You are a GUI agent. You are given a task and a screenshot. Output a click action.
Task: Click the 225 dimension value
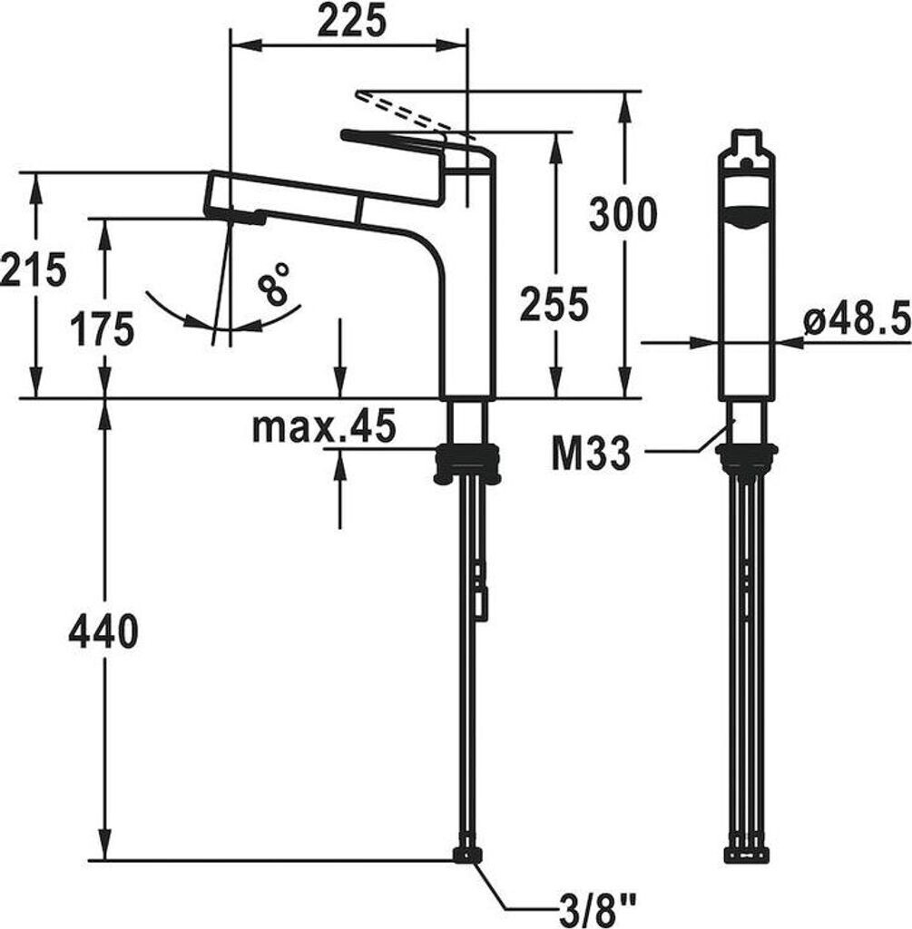[351, 21]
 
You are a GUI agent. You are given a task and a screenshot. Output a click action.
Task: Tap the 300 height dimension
[623, 215]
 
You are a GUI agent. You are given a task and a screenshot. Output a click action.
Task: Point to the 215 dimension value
[34, 269]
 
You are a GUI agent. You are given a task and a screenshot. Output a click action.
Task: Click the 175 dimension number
[102, 328]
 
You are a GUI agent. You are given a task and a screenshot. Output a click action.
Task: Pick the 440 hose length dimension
[103, 631]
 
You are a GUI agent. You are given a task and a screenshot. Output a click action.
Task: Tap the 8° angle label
[273, 284]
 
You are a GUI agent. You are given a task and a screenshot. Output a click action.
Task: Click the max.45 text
[323, 426]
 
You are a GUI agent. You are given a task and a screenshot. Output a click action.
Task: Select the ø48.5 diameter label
[857, 319]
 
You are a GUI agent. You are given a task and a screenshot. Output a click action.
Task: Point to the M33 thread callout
[591, 455]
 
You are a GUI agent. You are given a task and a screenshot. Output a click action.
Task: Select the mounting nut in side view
[467, 463]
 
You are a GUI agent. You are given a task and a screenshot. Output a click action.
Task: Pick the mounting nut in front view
[747, 459]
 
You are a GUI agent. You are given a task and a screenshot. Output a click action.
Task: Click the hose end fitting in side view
[467, 855]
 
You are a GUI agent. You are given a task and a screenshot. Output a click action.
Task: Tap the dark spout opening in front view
[746, 219]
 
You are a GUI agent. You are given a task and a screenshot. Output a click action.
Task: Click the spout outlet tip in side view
[238, 216]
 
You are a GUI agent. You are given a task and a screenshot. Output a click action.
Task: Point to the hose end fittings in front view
[747, 854]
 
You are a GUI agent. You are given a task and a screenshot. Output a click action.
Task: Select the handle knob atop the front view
[746, 145]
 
